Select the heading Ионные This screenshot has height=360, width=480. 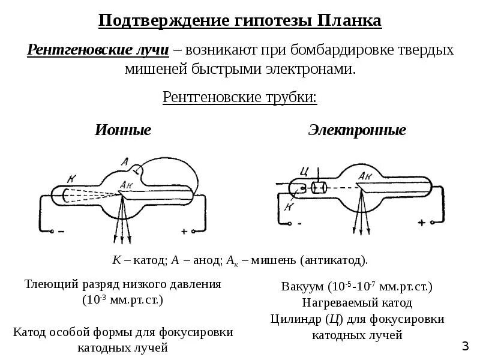click(x=123, y=130)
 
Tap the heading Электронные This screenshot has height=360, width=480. click(x=357, y=130)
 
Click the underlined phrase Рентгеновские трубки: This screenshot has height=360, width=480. click(x=240, y=97)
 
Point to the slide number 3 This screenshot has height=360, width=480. click(x=465, y=346)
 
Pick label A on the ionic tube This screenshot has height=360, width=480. click(x=124, y=161)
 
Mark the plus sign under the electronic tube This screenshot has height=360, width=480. click(x=421, y=223)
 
